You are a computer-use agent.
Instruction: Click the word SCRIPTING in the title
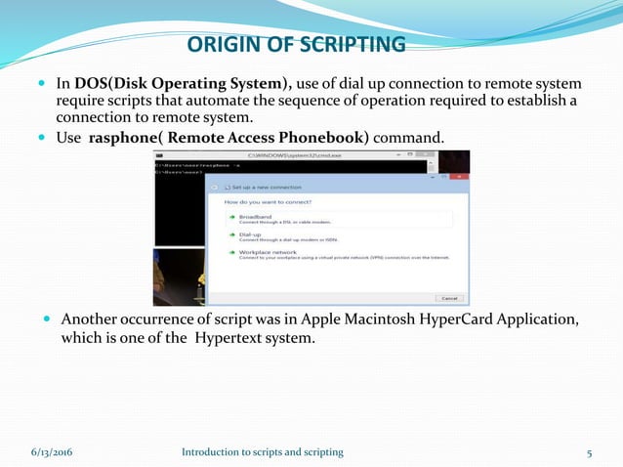[x=348, y=45]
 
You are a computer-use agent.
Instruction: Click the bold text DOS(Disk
[x=134, y=83]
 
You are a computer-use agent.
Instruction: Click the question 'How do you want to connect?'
[x=268, y=202]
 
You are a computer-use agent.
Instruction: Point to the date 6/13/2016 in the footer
[x=56, y=451]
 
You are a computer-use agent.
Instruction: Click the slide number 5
[x=590, y=451]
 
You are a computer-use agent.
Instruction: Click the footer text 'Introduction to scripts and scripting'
[x=263, y=451]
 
